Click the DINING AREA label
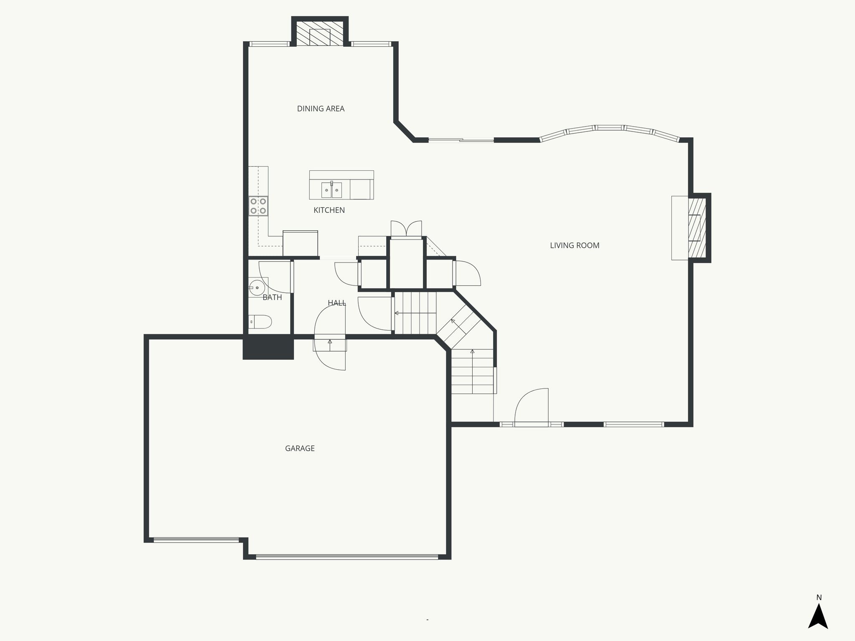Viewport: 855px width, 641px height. (321, 109)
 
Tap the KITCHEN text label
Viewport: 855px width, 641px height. (329, 210)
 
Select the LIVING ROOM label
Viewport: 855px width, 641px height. (574, 245)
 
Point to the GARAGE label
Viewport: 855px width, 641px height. (300, 449)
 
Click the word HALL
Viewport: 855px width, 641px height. (336, 303)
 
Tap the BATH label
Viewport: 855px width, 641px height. (272, 298)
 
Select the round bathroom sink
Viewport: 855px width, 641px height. (256, 288)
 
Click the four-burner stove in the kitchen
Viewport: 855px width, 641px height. (258, 206)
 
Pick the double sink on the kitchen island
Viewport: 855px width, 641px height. (331, 190)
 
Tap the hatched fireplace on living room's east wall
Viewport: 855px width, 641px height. (696, 227)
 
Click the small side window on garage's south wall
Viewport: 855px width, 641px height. (196, 540)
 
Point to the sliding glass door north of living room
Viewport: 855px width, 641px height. (461, 140)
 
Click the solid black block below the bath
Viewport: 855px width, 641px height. (268, 348)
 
